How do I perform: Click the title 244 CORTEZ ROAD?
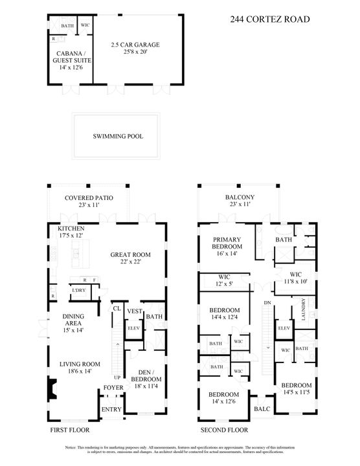pyautogui.click(x=269, y=19)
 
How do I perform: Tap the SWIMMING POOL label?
pyautogui.click(x=117, y=137)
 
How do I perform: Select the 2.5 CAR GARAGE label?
pyautogui.click(x=135, y=48)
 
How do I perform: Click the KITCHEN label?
pyautogui.click(x=71, y=232)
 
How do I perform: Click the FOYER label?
pyautogui.click(x=113, y=388)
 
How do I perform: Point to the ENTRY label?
pyautogui.click(x=111, y=410)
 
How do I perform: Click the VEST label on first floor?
pyautogui.click(x=134, y=312)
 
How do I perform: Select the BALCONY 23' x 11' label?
pyautogui.click(x=238, y=201)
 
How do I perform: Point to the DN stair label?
pyautogui.click(x=267, y=303)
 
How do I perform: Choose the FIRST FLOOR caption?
pyautogui.click(x=70, y=430)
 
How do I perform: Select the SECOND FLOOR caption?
pyautogui.click(x=225, y=430)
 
